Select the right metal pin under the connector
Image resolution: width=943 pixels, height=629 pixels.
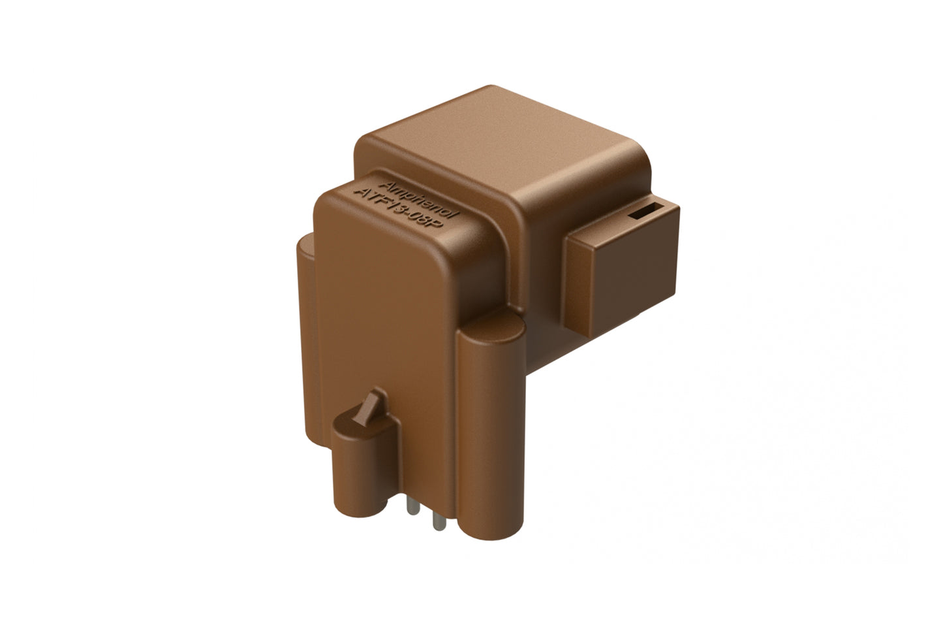(x=434, y=519)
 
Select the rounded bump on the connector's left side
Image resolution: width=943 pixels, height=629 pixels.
(x=304, y=274)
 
